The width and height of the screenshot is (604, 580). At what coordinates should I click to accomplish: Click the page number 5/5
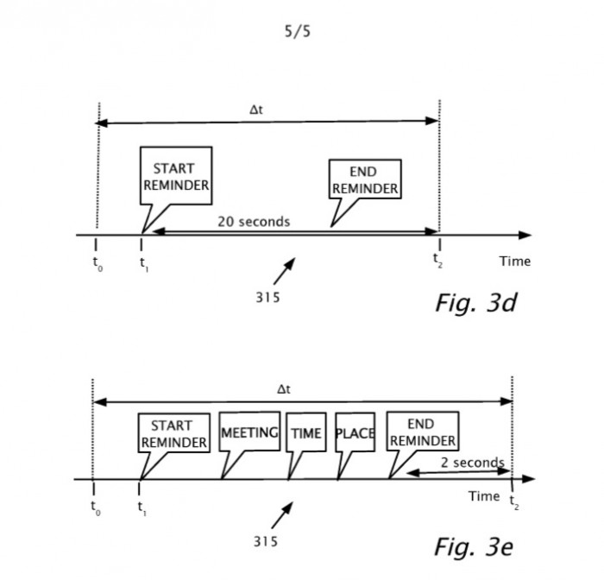298,31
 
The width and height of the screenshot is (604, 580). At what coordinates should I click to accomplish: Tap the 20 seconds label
254,222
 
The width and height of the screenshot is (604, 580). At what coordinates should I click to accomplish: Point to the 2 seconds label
473,463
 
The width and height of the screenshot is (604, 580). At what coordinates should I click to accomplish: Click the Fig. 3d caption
476,303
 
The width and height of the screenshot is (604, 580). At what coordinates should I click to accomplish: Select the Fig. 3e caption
474,546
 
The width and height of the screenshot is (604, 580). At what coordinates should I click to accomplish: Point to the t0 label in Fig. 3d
98,264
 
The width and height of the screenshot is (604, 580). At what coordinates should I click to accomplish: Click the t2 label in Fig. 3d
437,260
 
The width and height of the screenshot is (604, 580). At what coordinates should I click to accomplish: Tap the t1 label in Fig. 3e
142,508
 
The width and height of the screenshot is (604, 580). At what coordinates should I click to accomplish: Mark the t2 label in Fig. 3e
514,502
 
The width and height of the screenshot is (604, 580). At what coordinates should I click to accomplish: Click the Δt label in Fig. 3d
256,110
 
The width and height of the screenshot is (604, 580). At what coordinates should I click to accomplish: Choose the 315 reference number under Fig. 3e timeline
266,542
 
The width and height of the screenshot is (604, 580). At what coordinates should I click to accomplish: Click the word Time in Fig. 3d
515,262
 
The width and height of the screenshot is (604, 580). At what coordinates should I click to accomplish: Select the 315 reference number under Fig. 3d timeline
267,298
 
